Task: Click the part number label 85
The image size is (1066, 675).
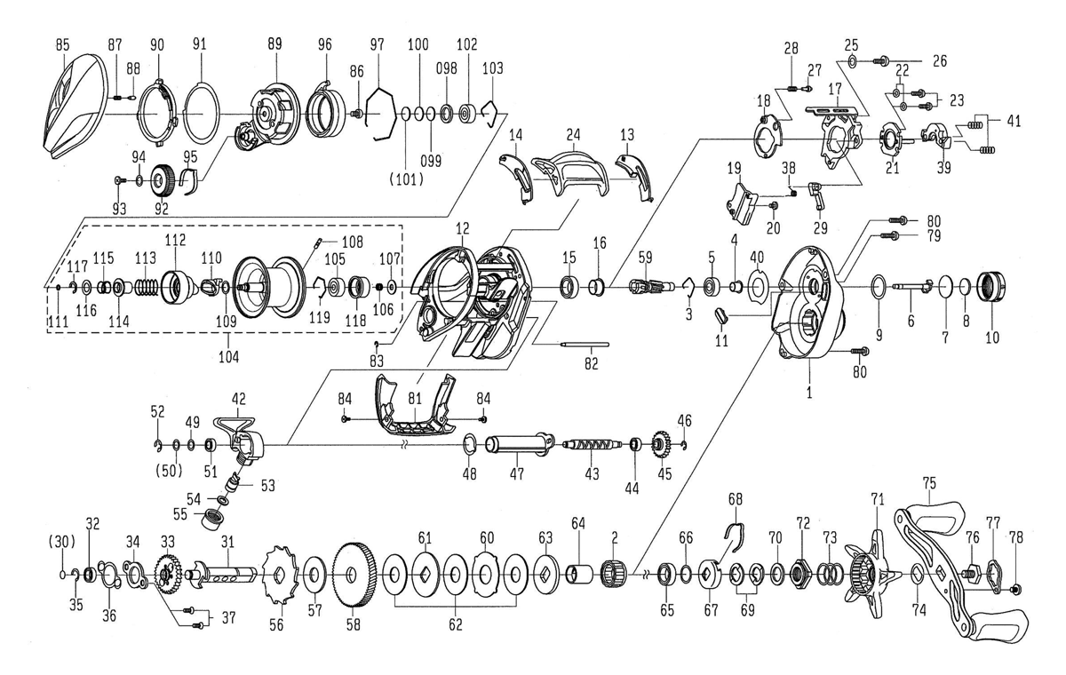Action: (x=62, y=45)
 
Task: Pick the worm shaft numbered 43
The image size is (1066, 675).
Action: (x=592, y=445)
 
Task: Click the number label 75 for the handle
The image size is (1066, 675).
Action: (x=929, y=483)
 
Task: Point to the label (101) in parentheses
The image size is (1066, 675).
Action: (x=406, y=179)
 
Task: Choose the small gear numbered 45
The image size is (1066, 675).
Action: (x=661, y=446)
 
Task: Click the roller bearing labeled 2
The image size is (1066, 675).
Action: (x=614, y=575)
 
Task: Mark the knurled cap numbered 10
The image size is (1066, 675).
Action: (x=991, y=286)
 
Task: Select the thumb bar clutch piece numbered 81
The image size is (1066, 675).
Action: (x=414, y=405)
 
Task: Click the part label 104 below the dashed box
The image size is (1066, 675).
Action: (x=229, y=356)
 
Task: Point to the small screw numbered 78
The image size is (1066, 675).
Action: (x=1014, y=590)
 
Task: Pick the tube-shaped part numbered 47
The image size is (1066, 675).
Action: (x=520, y=445)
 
